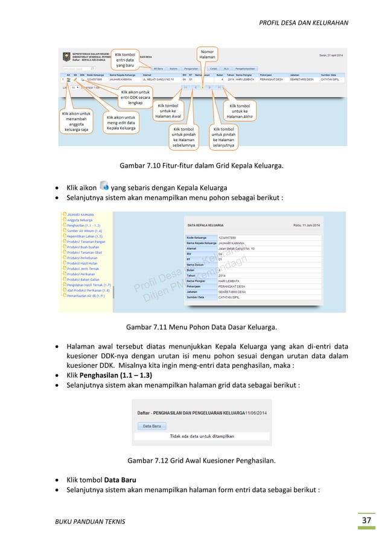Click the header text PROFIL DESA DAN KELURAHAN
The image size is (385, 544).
[303, 23]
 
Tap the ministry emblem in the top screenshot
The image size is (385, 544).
[66, 55]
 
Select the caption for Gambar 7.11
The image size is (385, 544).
[202, 328]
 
